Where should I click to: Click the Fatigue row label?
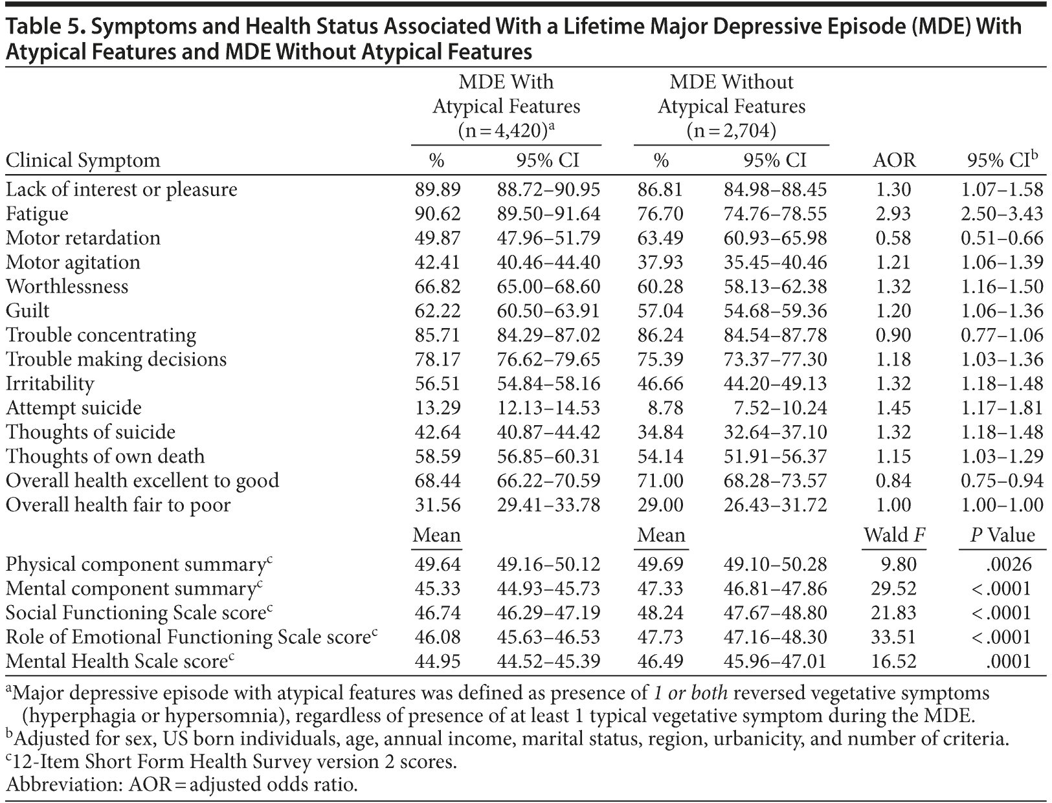[x=37, y=214]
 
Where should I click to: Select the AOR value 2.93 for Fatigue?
[x=893, y=214]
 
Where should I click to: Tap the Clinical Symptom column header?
[x=83, y=160]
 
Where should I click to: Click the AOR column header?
[x=895, y=160]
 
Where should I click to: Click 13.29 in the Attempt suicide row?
[x=438, y=408]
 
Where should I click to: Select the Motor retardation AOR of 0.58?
[x=893, y=237]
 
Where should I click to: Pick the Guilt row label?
[x=27, y=311]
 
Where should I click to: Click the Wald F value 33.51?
[x=893, y=637]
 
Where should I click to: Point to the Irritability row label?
[x=50, y=383]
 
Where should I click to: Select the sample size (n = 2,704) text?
[x=732, y=131]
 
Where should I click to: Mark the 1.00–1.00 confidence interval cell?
[x=1002, y=505]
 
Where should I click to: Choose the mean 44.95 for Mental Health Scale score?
[x=438, y=661]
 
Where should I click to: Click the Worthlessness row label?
[x=67, y=286]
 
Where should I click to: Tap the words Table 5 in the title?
[x=43, y=27]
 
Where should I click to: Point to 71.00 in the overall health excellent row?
[x=660, y=480]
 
